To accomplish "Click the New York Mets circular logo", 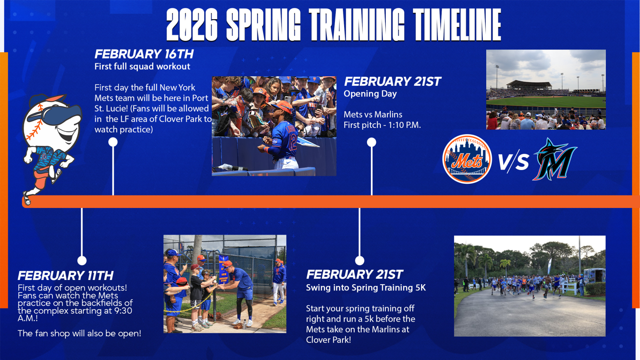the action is click(467, 159).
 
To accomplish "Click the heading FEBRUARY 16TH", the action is click(144, 54).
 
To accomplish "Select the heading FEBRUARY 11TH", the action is click(65, 276).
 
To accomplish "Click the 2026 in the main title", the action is click(192, 25).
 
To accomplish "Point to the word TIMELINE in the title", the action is click(457, 25).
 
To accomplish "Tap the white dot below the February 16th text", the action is click(113, 142).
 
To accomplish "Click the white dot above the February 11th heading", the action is click(82, 260).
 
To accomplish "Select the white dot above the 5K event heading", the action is click(360, 260).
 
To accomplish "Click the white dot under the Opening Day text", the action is click(371, 142).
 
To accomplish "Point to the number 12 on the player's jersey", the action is click(292, 142).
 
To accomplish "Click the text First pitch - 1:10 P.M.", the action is click(382, 125).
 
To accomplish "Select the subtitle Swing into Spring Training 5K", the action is click(366, 288).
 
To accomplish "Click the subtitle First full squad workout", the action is click(142, 67).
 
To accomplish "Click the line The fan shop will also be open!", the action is click(80, 333).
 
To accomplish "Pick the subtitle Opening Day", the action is click(370, 94).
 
